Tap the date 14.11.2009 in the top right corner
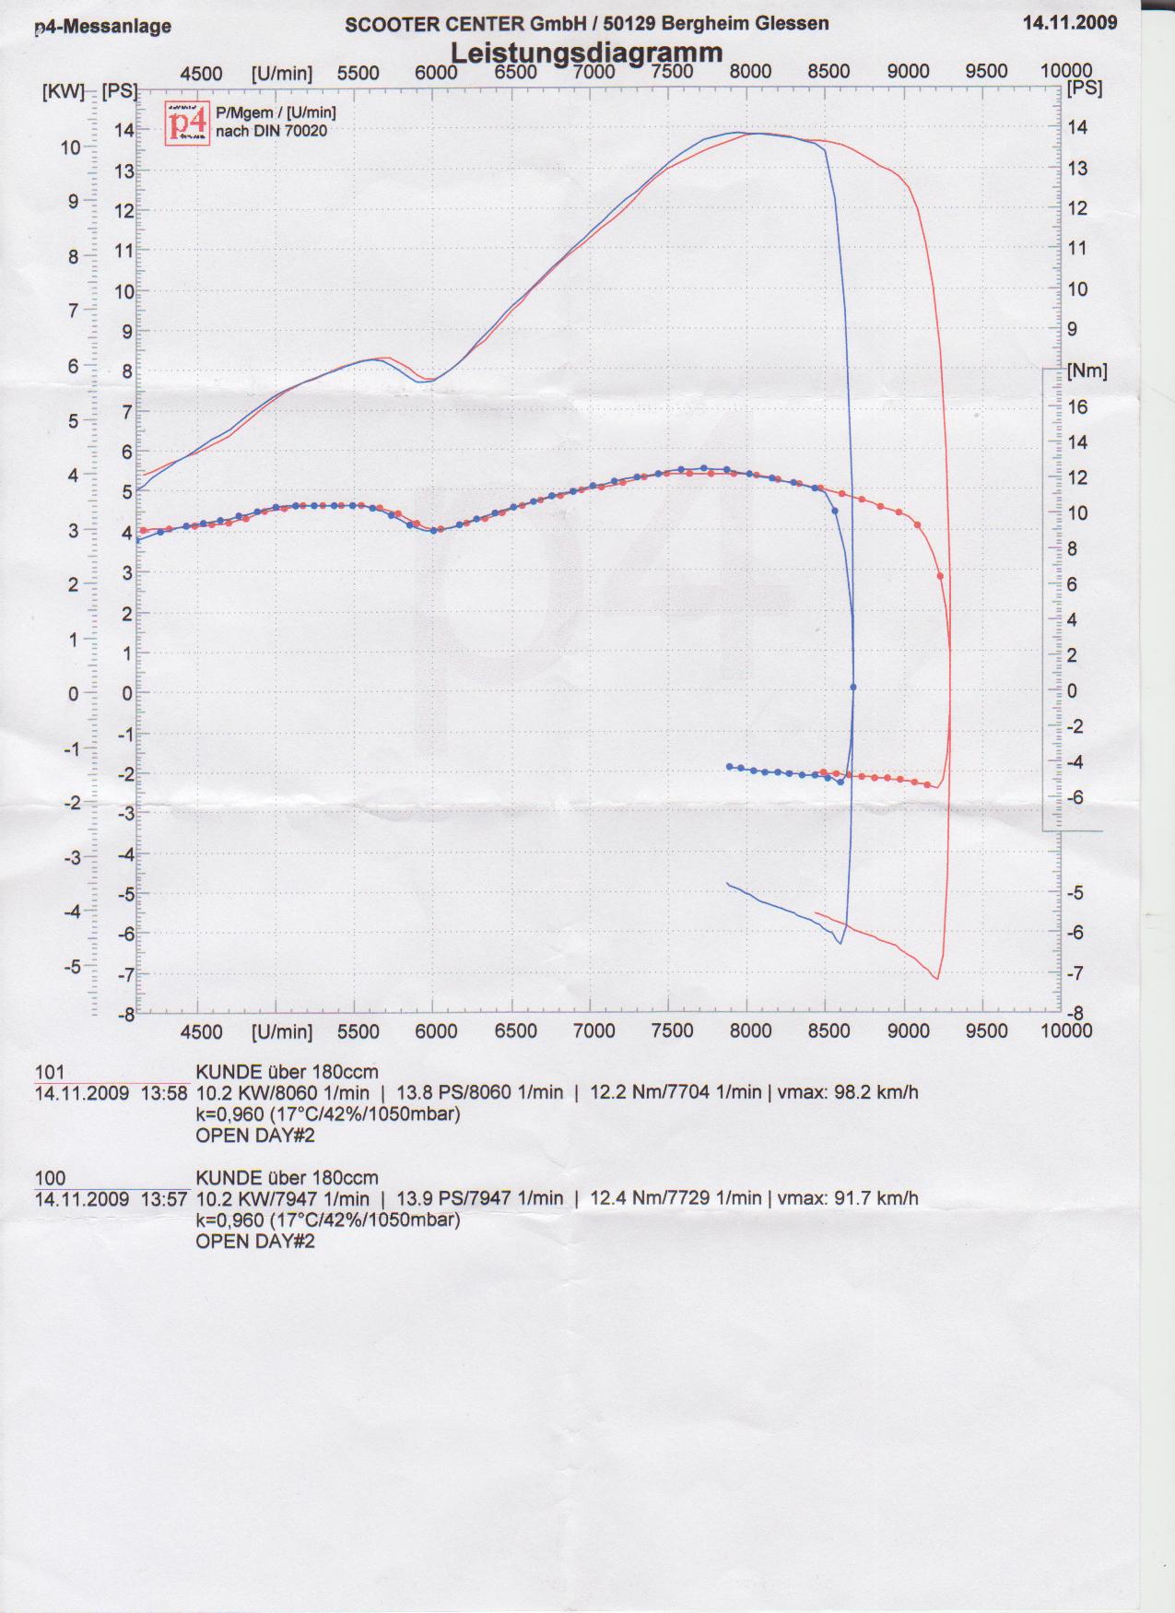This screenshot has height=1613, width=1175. click(1069, 22)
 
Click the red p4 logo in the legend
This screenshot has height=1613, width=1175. click(187, 123)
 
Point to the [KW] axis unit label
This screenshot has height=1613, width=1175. click(63, 91)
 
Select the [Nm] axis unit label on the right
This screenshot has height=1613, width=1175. click(1087, 371)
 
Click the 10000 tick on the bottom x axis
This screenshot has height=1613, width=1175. click(1066, 1030)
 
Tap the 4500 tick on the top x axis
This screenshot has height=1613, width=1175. click(201, 74)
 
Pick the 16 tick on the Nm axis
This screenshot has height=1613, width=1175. click(1077, 406)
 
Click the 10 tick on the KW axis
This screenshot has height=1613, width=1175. click(71, 147)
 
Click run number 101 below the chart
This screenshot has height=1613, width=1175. click(50, 1072)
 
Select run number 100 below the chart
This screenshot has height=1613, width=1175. click(50, 1178)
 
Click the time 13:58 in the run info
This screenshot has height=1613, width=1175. click(164, 1093)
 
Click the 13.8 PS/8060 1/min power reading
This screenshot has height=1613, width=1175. click(479, 1093)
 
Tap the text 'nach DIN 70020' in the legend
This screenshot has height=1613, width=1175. click(271, 132)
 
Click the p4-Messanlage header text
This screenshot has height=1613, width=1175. click(102, 27)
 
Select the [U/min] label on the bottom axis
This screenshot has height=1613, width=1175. click(281, 1031)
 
